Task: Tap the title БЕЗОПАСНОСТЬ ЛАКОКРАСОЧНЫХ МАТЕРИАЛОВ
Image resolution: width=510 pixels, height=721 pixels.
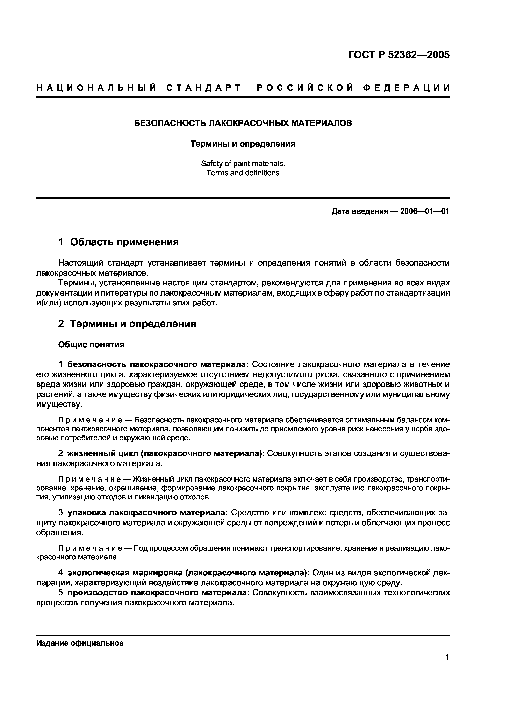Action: pos(243,123)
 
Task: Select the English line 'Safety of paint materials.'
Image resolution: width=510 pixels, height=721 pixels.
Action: pos(243,164)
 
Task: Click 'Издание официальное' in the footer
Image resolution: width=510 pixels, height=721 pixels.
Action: pos(80,643)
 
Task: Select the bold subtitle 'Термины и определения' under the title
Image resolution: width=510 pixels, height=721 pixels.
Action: pos(243,144)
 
